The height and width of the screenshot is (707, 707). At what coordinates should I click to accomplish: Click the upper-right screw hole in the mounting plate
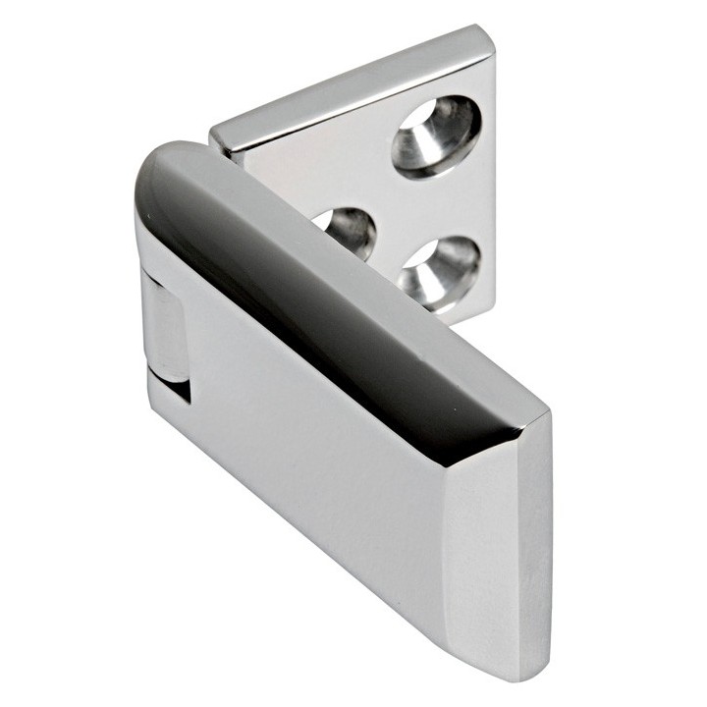(435, 136)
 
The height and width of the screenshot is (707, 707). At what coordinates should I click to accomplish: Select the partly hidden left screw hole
(350, 234)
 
